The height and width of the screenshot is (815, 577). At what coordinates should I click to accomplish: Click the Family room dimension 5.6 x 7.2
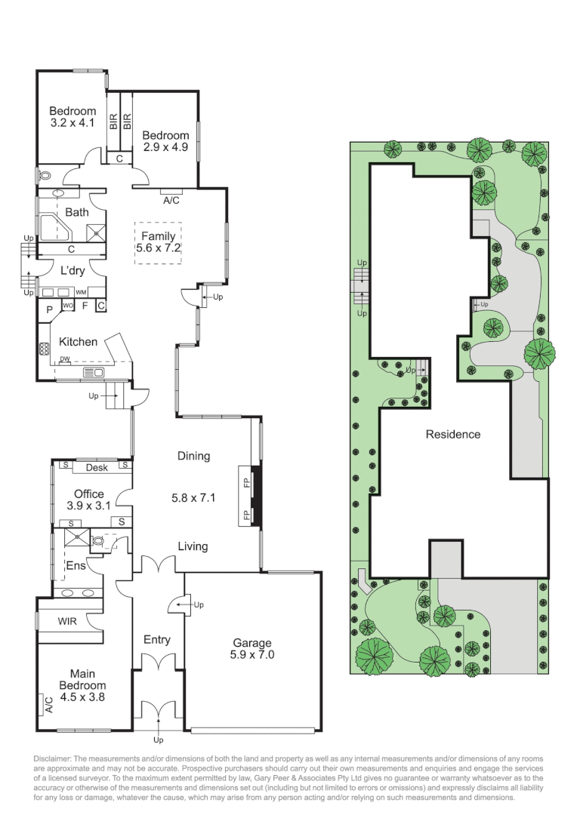159,248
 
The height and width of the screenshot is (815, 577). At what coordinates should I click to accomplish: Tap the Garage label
251,643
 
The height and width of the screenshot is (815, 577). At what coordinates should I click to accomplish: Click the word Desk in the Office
97,468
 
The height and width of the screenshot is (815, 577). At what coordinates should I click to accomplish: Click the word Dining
193,456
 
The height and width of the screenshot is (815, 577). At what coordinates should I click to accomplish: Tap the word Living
193,546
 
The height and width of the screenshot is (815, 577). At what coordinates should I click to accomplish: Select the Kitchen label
79,342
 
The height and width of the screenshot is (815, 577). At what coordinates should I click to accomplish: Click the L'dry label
73,271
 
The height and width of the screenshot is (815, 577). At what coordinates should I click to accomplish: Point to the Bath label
76,213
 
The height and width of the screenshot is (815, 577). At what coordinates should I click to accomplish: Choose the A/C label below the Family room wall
171,201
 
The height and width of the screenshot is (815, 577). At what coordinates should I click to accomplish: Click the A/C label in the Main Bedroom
48,705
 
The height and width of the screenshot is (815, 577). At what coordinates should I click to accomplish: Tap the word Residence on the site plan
452,435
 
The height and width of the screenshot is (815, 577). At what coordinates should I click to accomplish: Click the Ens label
76,564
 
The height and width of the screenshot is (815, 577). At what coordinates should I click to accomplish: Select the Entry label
156,640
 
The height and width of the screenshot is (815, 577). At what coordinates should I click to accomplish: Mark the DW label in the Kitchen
65,359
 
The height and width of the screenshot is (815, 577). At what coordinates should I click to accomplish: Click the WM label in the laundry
81,292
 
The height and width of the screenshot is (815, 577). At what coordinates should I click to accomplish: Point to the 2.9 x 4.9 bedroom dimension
165,147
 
